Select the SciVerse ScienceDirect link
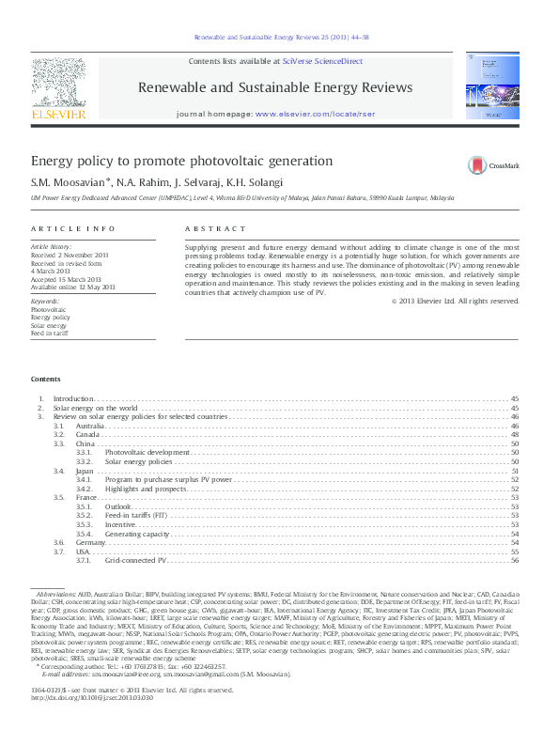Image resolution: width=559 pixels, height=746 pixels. (322, 60)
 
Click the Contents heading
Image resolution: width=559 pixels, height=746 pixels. (45, 379)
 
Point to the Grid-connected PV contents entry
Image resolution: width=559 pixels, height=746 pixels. (135, 560)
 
